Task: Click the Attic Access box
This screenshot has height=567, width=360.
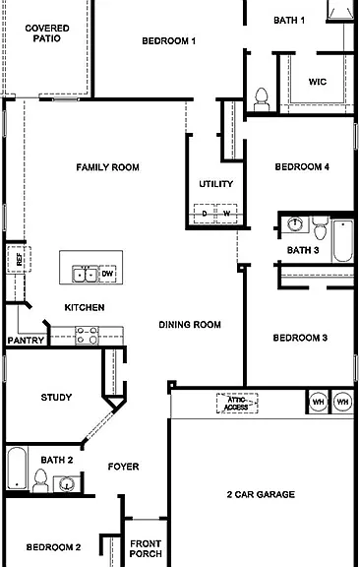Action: pos(237,404)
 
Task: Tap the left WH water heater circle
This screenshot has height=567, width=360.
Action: pos(318,402)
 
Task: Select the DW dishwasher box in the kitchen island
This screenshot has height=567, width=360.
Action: pos(107,274)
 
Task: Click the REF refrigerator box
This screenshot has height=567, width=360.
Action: pos(19,259)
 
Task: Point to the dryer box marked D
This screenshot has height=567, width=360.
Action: pos(205,214)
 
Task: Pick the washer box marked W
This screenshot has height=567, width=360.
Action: pos(226,214)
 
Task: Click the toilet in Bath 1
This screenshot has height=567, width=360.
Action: pos(262,99)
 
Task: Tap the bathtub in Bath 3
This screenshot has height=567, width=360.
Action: pos(342,240)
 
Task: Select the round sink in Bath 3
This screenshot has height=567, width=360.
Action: pos(295,224)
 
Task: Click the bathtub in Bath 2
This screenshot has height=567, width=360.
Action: pos(17,469)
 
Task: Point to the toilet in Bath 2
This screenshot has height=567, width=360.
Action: pos(40,480)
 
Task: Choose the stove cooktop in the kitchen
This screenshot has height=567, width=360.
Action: pos(87,336)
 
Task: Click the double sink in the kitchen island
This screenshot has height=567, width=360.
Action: pos(85,274)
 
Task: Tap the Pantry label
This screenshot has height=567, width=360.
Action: pos(26,341)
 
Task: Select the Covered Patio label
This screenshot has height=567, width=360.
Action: pos(47,33)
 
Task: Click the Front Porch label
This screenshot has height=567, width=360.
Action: pos(146,548)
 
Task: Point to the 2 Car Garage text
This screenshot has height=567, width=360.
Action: pos(261,494)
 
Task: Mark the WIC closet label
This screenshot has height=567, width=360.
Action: pos(318,82)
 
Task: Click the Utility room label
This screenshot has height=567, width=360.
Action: pos(215,184)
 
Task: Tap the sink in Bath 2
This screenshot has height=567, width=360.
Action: pos(67,483)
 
